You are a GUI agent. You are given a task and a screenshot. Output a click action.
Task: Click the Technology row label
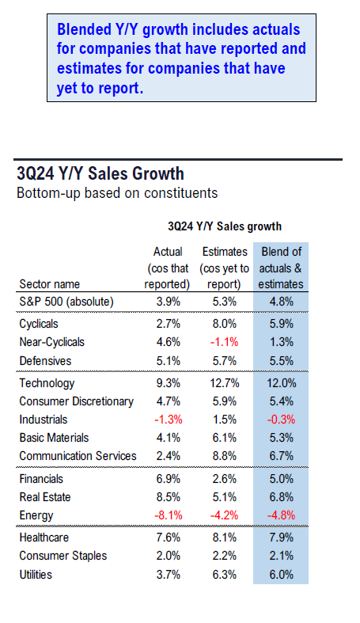(47, 383)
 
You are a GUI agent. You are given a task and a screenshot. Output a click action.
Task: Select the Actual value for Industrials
(169, 420)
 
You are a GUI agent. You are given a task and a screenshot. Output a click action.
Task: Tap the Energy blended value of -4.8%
(281, 515)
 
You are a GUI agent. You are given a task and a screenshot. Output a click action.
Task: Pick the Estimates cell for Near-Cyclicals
(224, 342)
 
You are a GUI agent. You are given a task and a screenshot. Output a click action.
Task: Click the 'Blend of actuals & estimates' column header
(281, 268)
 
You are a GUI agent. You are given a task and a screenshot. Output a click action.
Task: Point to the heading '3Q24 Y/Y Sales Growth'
(100, 173)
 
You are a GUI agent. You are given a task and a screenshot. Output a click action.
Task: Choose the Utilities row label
(36, 575)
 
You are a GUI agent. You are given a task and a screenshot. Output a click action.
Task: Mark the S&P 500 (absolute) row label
(66, 302)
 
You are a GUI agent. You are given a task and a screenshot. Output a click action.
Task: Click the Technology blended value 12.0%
(281, 383)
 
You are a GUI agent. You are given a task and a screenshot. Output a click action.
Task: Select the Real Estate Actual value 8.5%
(169, 497)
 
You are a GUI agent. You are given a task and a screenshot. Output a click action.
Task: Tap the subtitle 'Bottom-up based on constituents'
(117, 193)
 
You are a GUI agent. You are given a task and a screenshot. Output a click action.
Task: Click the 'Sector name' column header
(50, 284)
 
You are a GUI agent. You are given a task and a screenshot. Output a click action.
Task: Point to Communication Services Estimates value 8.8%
(224, 456)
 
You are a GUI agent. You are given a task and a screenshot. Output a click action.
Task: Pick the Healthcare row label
(44, 538)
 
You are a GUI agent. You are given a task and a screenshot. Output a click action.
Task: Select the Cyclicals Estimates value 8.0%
(224, 324)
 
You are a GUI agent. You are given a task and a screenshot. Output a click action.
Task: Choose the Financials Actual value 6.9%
(169, 479)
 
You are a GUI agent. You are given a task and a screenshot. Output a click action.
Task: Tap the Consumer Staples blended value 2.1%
(282, 556)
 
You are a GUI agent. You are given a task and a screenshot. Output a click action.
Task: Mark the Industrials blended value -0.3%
(281, 420)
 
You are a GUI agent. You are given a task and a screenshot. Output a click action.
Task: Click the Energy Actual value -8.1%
(169, 515)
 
